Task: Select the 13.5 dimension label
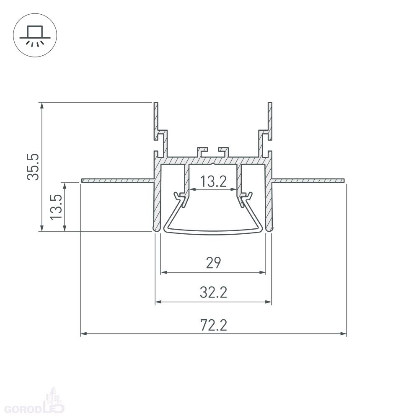[57, 207]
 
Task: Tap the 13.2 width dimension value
[213, 182]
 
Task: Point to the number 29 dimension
[214, 263]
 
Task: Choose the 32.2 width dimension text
[214, 292]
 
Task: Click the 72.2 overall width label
[214, 325]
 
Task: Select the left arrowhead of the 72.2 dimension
[84, 334]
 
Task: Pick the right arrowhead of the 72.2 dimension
[344, 334]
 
